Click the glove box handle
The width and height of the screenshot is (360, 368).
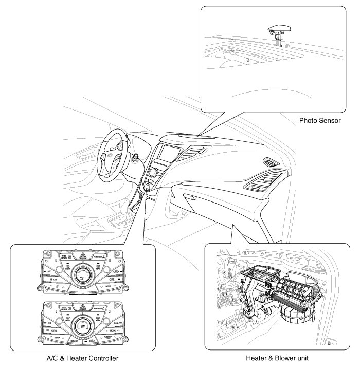pyautogui.click(x=191, y=197)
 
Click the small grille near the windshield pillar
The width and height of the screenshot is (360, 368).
pyautogui.click(x=271, y=162)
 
